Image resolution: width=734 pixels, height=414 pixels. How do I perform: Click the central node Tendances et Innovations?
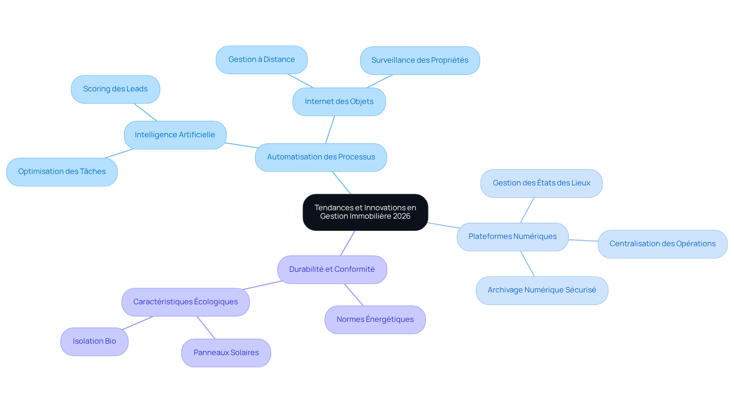point(365,212)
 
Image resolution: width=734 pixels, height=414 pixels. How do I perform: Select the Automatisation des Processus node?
point(321,157)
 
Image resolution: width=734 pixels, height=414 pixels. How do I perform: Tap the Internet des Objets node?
point(339,102)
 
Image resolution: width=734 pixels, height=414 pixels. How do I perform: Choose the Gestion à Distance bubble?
point(261,60)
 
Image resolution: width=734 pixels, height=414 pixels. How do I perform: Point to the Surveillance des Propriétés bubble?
point(420,60)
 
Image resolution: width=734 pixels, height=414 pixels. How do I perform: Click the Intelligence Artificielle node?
point(175,135)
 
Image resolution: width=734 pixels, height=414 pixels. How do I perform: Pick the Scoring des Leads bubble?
point(115,89)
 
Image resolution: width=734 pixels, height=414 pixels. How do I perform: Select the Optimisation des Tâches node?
point(62,172)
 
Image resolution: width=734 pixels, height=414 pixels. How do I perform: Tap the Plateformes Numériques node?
point(513,237)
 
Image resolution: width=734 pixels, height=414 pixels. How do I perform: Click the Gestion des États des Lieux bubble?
point(541,183)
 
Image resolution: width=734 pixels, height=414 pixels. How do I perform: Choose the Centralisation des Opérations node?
point(663,244)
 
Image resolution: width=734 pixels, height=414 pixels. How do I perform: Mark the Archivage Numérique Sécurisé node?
point(542,291)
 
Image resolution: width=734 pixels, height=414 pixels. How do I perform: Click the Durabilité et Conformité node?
point(332,270)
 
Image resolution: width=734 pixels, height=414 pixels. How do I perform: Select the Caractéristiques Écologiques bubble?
point(185,302)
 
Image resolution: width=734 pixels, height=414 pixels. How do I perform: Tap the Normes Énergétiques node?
point(375,320)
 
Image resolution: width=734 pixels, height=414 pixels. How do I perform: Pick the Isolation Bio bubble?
point(94,342)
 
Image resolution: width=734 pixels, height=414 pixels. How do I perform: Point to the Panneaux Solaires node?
point(226,353)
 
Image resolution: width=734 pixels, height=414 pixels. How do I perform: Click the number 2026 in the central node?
point(401,216)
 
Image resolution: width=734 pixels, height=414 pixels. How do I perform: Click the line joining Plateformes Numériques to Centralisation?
point(583,240)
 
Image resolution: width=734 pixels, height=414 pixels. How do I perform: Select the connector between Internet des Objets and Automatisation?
point(330,130)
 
